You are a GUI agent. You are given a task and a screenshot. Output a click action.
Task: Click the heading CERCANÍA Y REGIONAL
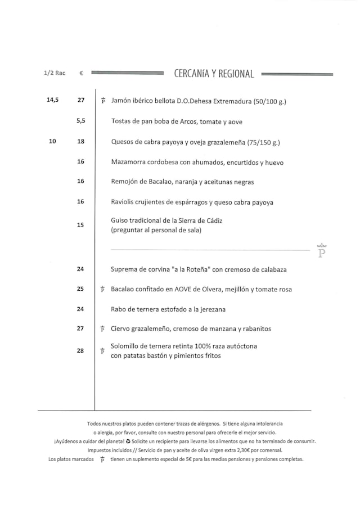tap(214, 74)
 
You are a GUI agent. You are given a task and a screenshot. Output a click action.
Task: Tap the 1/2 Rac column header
tap(54, 73)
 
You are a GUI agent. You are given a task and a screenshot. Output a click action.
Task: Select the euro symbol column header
tap(81, 73)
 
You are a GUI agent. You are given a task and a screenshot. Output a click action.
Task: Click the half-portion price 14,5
tap(52, 100)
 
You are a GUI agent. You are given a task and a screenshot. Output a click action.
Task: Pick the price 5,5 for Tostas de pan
tap(80, 120)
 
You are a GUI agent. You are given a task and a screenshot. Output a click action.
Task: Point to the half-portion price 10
tap(52, 142)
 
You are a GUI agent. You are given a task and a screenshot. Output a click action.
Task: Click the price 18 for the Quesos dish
tap(80, 142)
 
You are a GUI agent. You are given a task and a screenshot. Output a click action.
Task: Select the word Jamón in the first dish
tap(121, 101)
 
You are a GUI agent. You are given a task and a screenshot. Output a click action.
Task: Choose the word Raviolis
tap(125, 202)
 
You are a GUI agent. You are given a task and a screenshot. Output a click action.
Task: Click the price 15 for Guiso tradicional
tap(80, 225)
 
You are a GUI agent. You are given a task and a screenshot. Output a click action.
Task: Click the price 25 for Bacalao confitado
tap(80, 289)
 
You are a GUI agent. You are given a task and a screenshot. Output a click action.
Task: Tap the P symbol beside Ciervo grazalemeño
tap(102, 329)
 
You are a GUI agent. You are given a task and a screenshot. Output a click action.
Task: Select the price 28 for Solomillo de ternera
tap(80, 351)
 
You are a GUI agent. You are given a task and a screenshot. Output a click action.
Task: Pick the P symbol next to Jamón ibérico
tap(103, 101)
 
